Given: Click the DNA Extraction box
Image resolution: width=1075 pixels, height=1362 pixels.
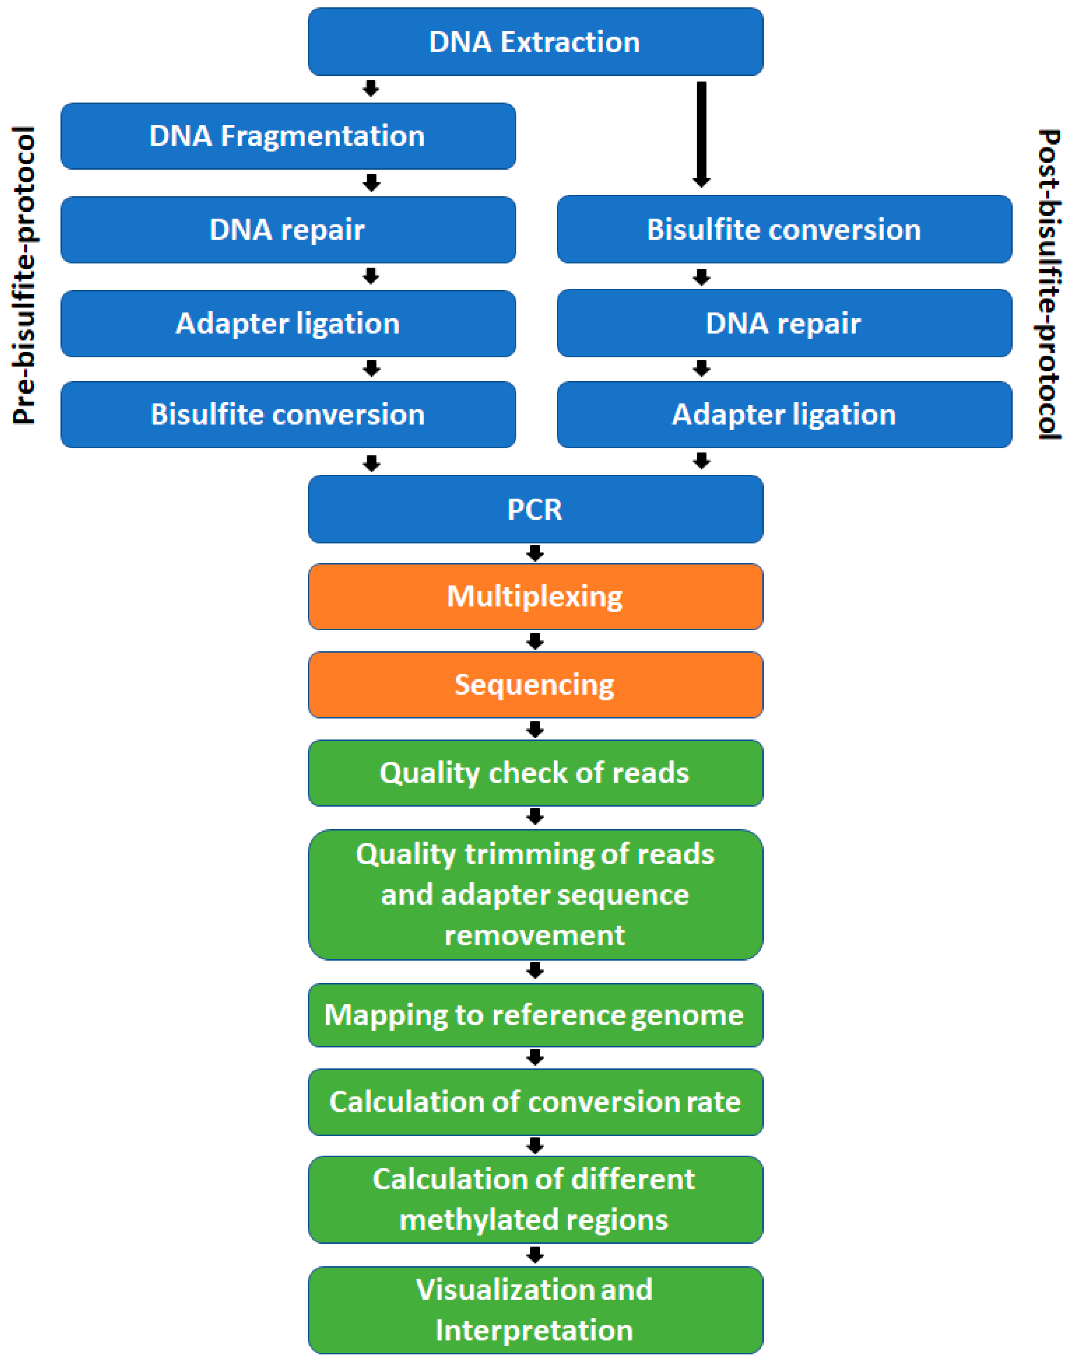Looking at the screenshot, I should (x=535, y=42).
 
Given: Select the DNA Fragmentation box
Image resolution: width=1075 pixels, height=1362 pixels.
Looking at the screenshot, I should (x=288, y=136).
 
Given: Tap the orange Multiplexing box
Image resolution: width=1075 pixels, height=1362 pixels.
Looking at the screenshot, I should (x=535, y=596).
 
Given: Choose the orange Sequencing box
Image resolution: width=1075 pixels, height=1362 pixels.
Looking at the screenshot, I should (x=535, y=685).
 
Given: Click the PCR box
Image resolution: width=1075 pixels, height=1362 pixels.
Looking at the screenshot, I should (x=535, y=509).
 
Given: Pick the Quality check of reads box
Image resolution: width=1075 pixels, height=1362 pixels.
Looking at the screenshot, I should (x=535, y=773).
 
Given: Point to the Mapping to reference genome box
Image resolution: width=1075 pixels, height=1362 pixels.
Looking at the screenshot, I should (x=535, y=1015).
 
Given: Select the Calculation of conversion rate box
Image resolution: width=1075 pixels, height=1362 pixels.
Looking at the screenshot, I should (x=535, y=1102).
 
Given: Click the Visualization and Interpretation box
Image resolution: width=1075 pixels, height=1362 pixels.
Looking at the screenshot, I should (x=535, y=1310).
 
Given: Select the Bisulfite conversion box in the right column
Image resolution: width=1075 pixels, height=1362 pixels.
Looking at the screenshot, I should (x=784, y=229).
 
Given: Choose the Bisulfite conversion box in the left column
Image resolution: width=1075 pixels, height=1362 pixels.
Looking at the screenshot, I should (x=288, y=414).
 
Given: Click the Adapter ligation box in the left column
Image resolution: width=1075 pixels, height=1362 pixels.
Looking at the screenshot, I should (x=288, y=323).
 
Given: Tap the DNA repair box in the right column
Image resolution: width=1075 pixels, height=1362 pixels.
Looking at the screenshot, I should (x=784, y=323).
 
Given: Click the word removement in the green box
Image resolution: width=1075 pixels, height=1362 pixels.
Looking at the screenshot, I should (x=535, y=935).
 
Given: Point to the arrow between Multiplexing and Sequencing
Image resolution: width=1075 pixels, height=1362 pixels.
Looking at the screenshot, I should (x=535, y=641).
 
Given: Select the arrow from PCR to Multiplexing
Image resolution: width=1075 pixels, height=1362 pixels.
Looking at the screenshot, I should (x=535, y=553).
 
